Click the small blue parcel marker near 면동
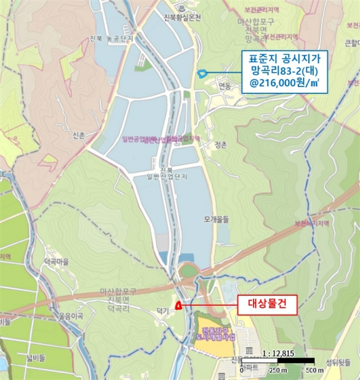point(202,73)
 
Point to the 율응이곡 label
point(72,316)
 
